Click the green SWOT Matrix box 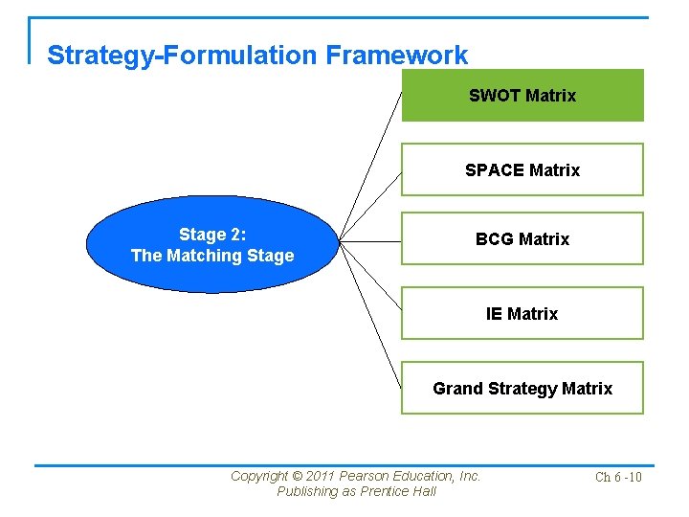tap(522, 96)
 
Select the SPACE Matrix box tap(522, 169)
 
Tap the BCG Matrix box tap(522, 238)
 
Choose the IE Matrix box tap(522, 313)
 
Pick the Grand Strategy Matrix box tap(522, 388)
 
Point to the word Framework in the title tap(396, 56)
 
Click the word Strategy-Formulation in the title tap(182, 56)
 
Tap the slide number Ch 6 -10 tap(618, 477)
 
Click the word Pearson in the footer tap(369, 476)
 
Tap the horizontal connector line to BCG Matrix tap(370, 240)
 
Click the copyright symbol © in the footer tap(297, 476)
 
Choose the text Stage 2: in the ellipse tap(212, 235)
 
